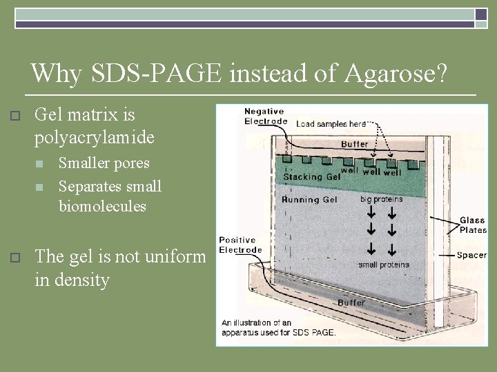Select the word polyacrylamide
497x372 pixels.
click(95, 138)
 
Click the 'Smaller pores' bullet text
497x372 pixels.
click(104, 164)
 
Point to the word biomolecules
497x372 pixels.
click(103, 206)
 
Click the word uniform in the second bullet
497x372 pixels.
click(177, 257)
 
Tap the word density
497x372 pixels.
click(82, 280)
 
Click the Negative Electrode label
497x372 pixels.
click(266, 116)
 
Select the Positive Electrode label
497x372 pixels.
click(241, 245)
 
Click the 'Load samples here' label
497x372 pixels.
click(331, 124)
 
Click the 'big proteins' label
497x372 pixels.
click(382, 199)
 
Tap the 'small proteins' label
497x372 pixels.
click(384, 265)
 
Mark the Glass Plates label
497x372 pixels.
click(473, 225)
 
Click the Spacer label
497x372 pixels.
click(471, 255)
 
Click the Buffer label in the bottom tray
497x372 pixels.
click(351, 302)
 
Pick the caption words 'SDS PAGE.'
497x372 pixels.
click(312, 332)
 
